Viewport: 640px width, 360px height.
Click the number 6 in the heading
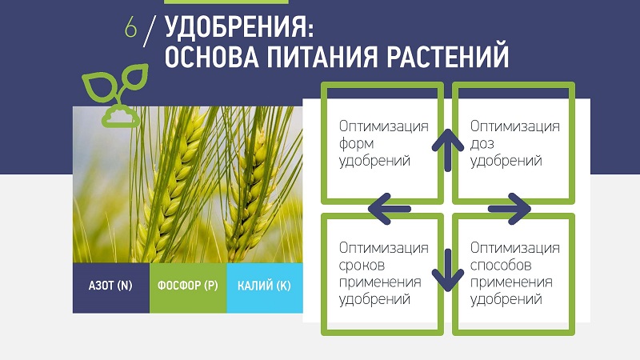[130, 28]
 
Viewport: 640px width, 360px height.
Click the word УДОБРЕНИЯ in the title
[239, 28]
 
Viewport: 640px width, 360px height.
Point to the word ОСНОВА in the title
[212, 56]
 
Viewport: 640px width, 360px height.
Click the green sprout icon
[115, 94]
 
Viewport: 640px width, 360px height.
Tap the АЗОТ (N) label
[110, 286]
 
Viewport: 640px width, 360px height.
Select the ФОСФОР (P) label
[188, 286]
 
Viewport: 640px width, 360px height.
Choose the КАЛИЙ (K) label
[264, 286]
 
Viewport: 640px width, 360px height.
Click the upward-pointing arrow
[448, 150]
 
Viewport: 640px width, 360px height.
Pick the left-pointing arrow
[390, 209]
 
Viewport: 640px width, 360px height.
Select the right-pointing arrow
[510, 209]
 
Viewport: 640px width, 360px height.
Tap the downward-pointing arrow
[448, 270]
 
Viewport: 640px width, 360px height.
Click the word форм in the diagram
[356, 144]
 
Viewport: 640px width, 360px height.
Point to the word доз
[482, 144]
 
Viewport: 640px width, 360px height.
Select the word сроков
[362, 266]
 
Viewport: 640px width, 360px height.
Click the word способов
[501, 266]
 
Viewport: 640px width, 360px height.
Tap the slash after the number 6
[150, 31]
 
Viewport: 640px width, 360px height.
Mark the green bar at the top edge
[226, 2]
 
